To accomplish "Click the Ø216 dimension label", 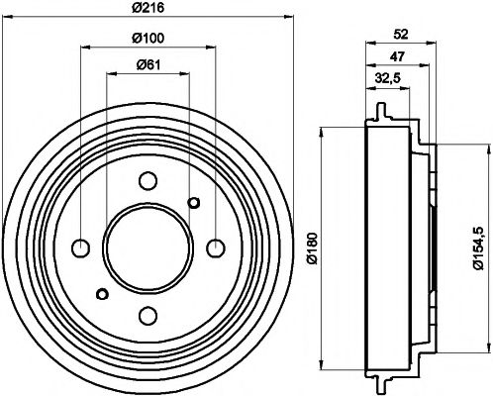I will (148, 9).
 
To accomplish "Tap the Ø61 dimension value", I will (148, 66).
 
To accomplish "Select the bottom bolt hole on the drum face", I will (148, 315).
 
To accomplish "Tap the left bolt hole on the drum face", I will (81, 247).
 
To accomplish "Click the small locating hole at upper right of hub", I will (194, 203).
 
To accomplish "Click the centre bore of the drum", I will (148, 247).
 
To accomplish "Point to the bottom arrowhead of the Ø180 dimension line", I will (323, 363).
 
